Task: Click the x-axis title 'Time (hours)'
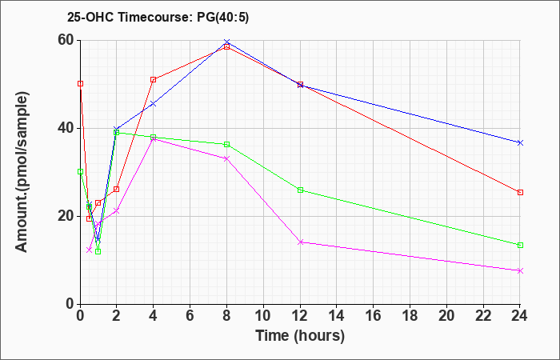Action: coord(300,335)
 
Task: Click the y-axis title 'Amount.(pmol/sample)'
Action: coord(23,172)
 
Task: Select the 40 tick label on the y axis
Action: coord(65,129)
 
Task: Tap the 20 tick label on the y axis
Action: coord(65,217)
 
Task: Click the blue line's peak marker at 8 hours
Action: coord(227,42)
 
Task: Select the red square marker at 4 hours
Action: coord(153,80)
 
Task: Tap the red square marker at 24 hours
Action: coord(520,193)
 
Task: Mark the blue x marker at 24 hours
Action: coord(520,142)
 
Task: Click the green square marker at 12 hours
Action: coord(300,190)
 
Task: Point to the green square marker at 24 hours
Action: coord(520,245)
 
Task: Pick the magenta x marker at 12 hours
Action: coord(300,242)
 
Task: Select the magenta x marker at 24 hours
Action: coord(520,270)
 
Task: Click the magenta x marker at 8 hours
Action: coord(227,158)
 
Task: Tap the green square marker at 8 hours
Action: coord(227,144)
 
